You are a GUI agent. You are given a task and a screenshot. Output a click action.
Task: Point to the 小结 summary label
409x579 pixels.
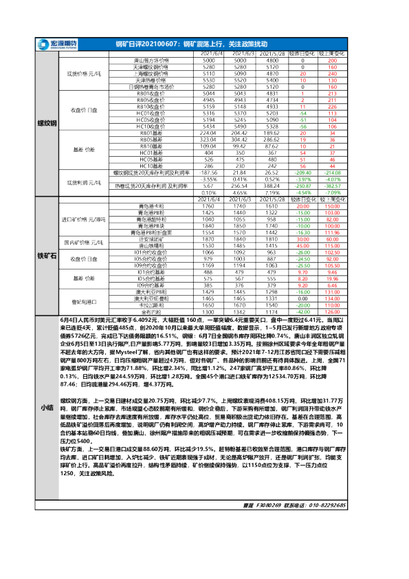click(x=46, y=408)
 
